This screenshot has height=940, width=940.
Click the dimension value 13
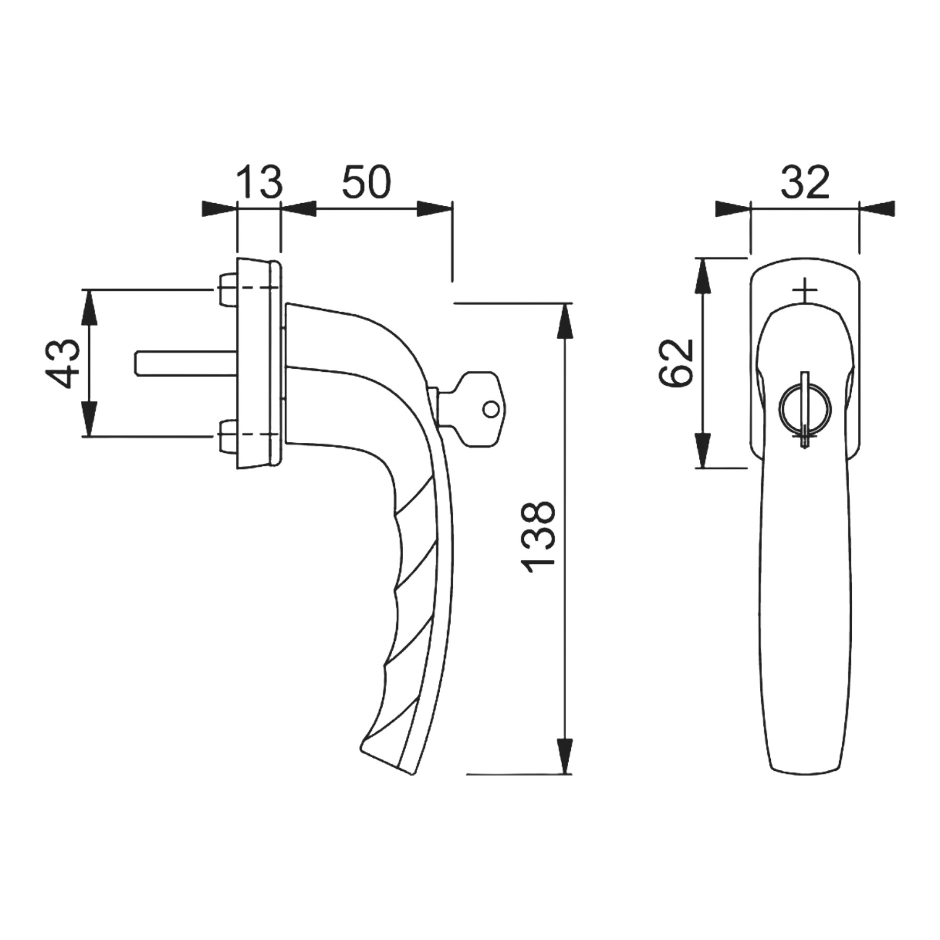point(260,182)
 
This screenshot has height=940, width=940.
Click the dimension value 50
point(366,182)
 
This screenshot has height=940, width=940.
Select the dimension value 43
point(62,363)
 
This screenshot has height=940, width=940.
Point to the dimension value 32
point(805,182)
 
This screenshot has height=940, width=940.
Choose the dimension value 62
point(676,363)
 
